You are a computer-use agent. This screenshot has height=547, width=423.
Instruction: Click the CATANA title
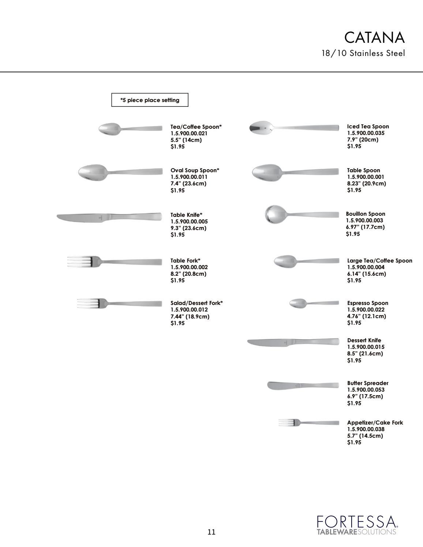pyautogui.click(x=374, y=38)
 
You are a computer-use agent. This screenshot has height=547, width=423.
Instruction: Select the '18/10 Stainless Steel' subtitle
pyautogui.click(x=363, y=53)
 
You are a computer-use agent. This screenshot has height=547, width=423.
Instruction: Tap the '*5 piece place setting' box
pyautogui.click(x=150, y=100)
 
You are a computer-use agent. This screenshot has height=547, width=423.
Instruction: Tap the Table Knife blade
pyautogui.click(x=79, y=218)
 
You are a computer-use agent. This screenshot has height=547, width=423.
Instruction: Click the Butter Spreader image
pyautogui.click(x=303, y=386)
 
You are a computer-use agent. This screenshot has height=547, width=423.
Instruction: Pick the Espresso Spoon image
pyautogui.click(x=314, y=303)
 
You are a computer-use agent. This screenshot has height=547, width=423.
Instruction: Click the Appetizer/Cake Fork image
pyautogui.click(x=308, y=423)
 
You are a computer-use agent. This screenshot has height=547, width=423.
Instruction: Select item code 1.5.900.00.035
pyautogui.click(x=366, y=133)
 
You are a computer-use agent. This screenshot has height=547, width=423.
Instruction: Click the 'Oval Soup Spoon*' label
pyautogui.click(x=195, y=170)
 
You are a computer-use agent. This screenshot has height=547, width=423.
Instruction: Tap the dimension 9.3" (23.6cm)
pyautogui.click(x=188, y=228)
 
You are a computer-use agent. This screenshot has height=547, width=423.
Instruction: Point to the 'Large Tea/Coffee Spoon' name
pyautogui.click(x=379, y=261)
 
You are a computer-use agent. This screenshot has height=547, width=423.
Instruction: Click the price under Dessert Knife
pyautogui.click(x=354, y=361)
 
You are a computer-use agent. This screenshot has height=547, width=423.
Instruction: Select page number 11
pyautogui.click(x=211, y=532)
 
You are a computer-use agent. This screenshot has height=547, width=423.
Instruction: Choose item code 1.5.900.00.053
pyautogui.click(x=366, y=390)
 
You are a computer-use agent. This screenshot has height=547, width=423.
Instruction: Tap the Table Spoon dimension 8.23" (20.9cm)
pyautogui.click(x=366, y=184)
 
